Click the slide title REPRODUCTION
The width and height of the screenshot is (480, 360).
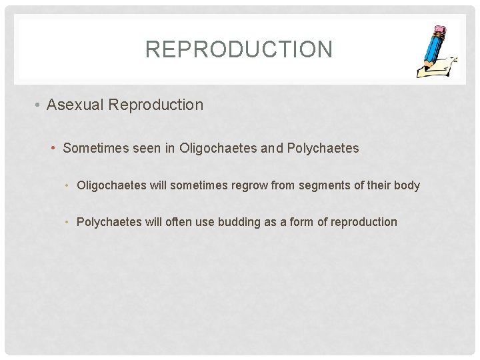point(239,49)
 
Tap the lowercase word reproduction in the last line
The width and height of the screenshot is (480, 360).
point(364,222)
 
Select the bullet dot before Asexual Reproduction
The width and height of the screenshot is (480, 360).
point(39,105)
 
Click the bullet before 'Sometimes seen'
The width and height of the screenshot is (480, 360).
point(54,148)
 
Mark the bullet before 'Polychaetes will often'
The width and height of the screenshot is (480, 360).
point(69,222)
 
